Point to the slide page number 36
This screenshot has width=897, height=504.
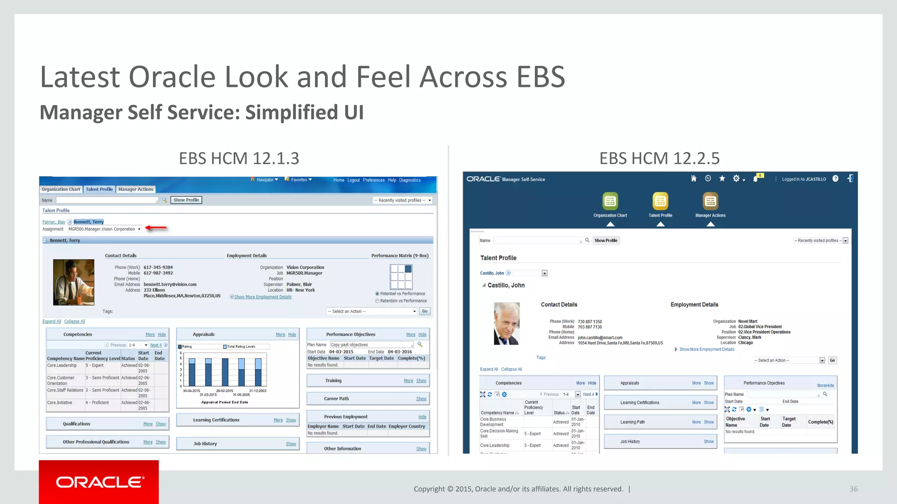click(853, 489)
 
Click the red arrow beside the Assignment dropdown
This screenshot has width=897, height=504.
click(156, 227)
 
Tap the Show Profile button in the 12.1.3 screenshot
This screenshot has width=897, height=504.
click(186, 200)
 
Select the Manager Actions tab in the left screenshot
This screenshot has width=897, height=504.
click(136, 189)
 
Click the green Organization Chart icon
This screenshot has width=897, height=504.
click(610, 201)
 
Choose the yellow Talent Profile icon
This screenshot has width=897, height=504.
click(660, 201)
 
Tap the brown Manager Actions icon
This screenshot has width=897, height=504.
click(710, 201)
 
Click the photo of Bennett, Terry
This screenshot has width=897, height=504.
click(74, 282)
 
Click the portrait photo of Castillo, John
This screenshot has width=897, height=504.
click(507, 323)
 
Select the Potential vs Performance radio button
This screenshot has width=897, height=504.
click(377, 294)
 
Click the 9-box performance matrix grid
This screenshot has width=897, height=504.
click(401, 276)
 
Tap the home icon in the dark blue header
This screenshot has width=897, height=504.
click(693, 178)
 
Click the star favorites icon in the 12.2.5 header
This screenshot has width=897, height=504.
click(722, 178)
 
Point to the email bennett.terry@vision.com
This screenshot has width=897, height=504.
click(170, 284)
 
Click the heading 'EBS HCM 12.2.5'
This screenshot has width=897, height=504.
click(659, 158)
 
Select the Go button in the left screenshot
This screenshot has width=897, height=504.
click(424, 311)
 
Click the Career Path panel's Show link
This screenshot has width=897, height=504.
click(421, 399)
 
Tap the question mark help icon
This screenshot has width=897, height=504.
click(835, 178)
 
